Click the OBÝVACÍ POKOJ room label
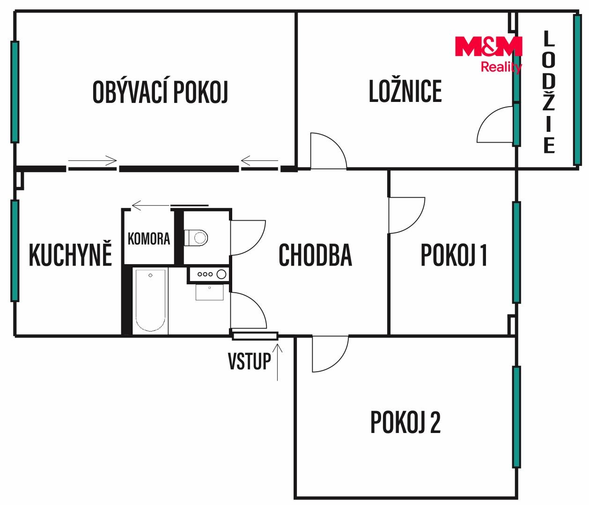[160, 92]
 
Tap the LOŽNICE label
[405, 91]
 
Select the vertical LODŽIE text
[549, 92]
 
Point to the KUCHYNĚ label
[70, 254]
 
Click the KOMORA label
[149, 238]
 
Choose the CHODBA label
[315, 255]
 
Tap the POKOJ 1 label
[454, 255]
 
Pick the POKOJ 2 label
[405, 422]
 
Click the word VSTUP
[250, 361]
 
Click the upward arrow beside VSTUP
[277, 362]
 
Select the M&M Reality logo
[488, 54]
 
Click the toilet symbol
[196, 238]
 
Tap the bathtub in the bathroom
[150, 300]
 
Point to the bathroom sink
[209, 292]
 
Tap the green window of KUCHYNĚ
[15, 251]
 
